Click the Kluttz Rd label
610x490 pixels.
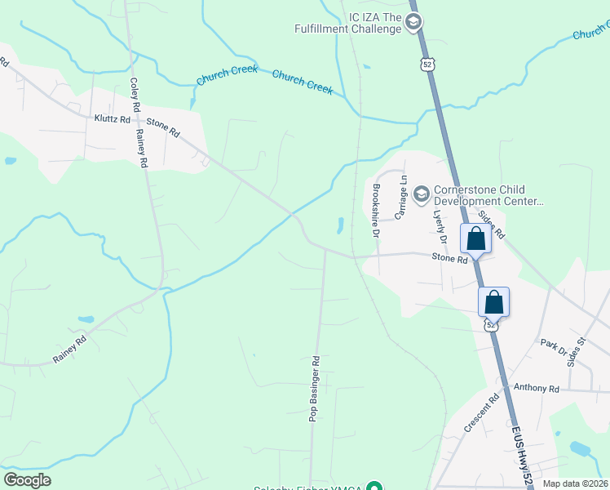click(112, 119)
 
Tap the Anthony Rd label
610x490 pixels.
click(536, 390)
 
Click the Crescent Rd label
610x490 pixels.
click(481, 414)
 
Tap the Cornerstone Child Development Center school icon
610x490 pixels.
click(422, 194)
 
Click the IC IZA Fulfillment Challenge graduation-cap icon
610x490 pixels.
click(413, 22)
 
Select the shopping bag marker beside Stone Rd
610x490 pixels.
click(475, 239)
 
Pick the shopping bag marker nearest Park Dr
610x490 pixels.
click(494, 301)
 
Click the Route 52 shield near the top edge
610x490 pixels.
click(427, 64)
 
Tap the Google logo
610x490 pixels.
click(28, 480)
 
